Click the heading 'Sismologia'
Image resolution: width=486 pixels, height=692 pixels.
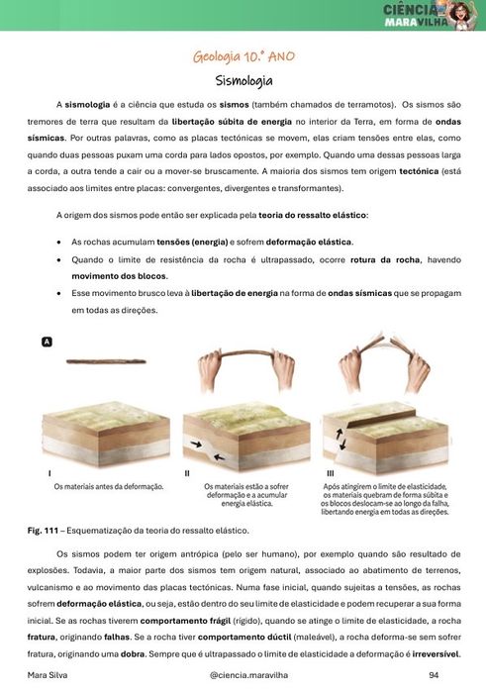(x=243, y=80)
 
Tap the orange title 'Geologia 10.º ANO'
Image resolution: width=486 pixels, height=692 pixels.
(x=243, y=56)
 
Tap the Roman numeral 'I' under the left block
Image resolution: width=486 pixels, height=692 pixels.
(x=50, y=474)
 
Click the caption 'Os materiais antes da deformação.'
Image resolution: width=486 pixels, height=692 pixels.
(x=108, y=487)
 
